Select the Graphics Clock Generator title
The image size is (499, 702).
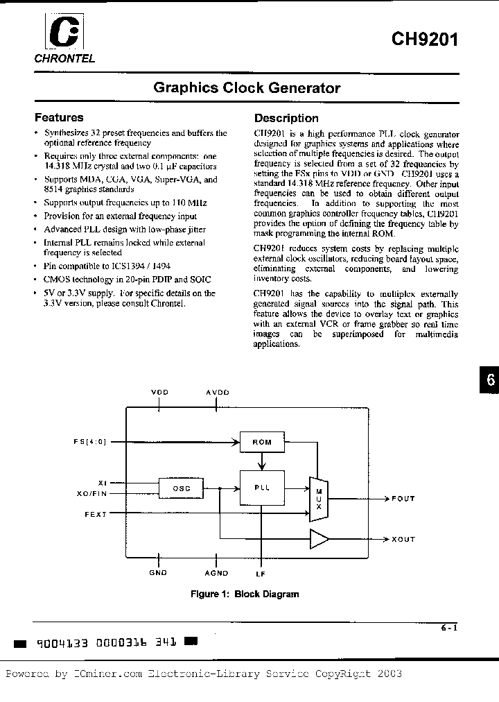click(247, 88)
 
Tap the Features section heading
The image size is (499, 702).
click(59, 118)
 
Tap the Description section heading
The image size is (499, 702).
click(286, 118)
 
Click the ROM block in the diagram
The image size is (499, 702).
click(261, 442)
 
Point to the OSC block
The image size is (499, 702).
click(182, 489)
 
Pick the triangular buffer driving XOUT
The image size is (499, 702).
click(319, 538)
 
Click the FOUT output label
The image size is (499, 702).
click(403, 498)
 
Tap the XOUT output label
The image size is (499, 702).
click(403, 539)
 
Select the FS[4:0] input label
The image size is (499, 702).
click(89, 441)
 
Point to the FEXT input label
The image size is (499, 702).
click(95, 514)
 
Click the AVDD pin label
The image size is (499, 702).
click(217, 392)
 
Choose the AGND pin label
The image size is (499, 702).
click(216, 574)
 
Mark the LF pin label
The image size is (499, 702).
click(261, 574)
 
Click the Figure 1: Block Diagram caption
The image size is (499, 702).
click(245, 594)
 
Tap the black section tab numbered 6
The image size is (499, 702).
click(489, 381)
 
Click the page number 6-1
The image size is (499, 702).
click(448, 628)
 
